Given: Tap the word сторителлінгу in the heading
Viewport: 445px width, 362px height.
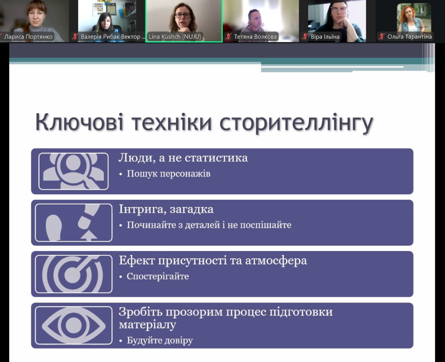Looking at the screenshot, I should [296, 123].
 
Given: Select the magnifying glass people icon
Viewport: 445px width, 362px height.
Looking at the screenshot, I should [73, 171].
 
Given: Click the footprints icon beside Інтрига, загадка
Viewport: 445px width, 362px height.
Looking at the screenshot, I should [73, 223].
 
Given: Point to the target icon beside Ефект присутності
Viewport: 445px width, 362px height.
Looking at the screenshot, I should [73, 274].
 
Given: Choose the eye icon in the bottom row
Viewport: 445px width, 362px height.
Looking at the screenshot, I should [73, 325].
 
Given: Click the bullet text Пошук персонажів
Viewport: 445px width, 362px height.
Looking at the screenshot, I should [169, 174].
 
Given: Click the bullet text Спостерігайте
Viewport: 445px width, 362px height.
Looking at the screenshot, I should [158, 276].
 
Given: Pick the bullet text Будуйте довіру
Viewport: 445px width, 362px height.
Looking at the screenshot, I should [159, 341].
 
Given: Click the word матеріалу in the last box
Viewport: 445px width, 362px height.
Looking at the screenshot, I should [147, 325].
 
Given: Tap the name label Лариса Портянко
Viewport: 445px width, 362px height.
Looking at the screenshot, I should [28, 37].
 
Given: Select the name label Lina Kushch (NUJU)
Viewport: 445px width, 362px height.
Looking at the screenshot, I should [175, 37].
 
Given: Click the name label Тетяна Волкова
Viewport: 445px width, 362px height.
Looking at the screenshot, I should [255, 37].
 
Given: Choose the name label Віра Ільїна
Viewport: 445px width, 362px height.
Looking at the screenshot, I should [325, 37].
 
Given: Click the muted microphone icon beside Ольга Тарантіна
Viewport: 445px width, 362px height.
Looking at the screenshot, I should [382, 37].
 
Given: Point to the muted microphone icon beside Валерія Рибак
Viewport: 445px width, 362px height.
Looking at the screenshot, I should [75, 37].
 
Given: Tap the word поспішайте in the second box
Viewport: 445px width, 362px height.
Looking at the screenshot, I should [269, 225].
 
